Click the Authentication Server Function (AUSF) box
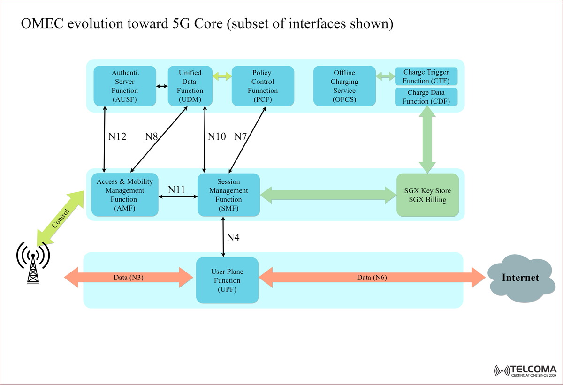125,86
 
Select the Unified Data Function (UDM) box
190,86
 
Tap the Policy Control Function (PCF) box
263,86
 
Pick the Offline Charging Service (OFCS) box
344,86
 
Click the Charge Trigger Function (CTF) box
426,76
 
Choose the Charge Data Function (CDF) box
426,97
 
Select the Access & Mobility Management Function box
125,195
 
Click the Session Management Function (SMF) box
228,195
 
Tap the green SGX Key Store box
427,195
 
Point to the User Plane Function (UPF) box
227,280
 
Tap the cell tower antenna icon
33,263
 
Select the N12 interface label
117,136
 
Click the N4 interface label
233,238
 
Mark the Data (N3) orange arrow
129,278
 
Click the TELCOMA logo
525,370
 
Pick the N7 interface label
240,136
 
